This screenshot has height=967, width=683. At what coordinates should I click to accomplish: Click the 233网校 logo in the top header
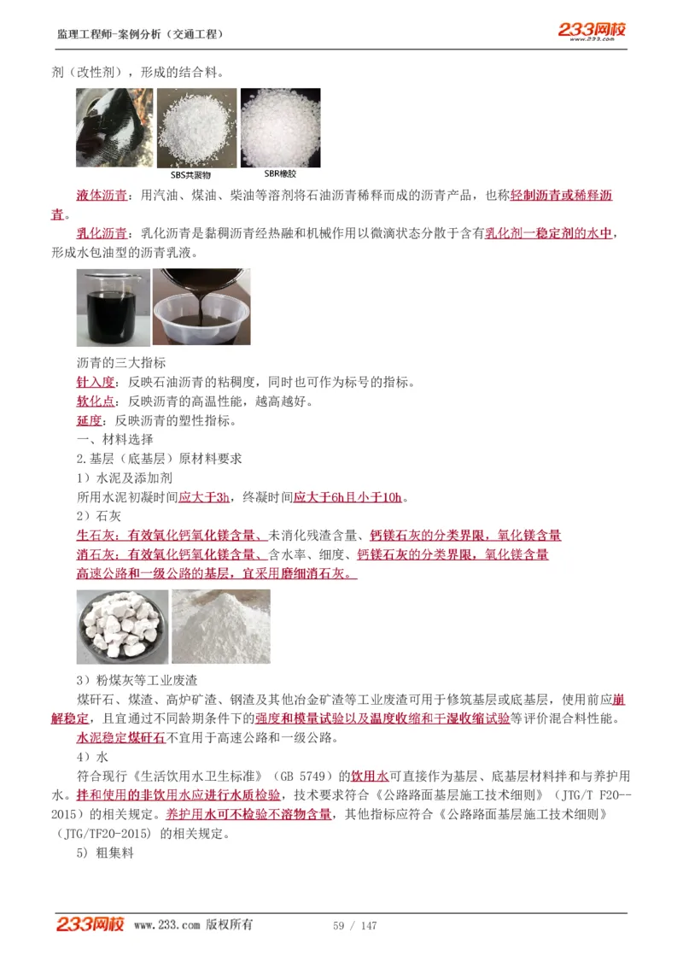[x=592, y=31]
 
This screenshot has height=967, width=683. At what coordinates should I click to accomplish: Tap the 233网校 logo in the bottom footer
[x=90, y=924]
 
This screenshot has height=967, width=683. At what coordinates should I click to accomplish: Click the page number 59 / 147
[x=354, y=926]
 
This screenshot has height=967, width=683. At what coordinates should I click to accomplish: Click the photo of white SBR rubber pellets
[x=280, y=127]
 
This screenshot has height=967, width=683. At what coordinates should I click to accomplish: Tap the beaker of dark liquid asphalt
[x=113, y=307]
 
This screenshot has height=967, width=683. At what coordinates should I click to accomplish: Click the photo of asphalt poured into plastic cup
[x=201, y=307]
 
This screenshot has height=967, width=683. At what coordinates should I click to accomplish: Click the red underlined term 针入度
[x=94, y=382]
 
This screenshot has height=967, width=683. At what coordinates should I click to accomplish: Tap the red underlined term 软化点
[x=94, y=401]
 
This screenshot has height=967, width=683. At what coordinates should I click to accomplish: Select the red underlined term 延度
[x=89, y=420]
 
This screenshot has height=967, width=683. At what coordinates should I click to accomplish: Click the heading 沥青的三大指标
[x=121, y=362]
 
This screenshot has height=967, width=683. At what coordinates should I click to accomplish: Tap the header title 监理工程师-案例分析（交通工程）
[x=141, y=34]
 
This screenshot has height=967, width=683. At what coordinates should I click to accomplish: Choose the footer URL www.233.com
[x=167, y=925]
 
